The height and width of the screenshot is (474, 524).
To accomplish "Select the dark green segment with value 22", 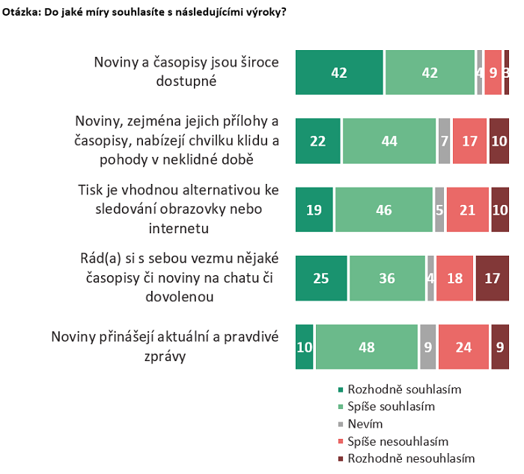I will click(x=318, y=141).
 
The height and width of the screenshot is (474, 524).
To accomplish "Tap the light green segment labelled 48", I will click(x=366, y=347).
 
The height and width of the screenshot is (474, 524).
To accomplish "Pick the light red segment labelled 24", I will click(x=463, y=347).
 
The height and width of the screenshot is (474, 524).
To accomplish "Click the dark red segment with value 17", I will click(x=492, y=278).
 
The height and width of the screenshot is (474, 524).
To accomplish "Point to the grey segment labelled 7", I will click(x=444, y=141).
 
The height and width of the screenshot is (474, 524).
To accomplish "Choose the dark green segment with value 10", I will click(x=304, y=347).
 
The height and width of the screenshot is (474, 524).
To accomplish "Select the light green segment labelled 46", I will click(x=383, y=210).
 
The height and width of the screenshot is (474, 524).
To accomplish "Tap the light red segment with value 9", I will click(x=493, y=73).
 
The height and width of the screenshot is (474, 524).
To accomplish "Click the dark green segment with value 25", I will click(x=322, y=278).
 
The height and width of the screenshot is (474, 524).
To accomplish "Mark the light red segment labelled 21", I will click(x=467, y=210).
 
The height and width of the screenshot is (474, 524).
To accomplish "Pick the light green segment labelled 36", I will click(x=387, y=278).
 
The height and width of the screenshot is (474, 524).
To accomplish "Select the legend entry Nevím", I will click(x=364, y=424).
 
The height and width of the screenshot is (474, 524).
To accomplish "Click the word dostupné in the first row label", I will click(x=186, y=81).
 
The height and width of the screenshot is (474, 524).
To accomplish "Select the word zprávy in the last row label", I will click(x=165, y=356).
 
